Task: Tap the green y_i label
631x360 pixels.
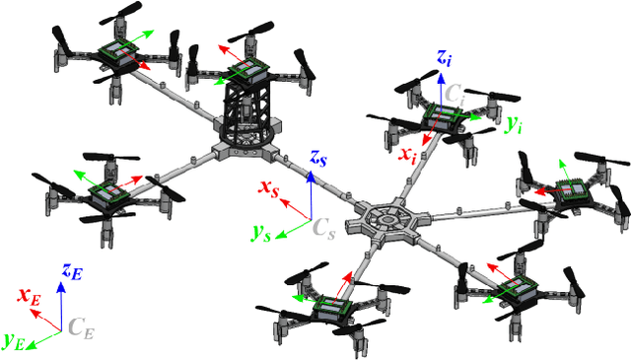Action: (513, 125)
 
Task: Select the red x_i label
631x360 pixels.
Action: (406, 155)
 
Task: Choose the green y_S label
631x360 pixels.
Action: (260, 234)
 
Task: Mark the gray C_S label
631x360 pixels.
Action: (324, 228)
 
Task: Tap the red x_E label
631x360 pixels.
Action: (28, 296)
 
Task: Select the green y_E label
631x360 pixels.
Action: (14, 341)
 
